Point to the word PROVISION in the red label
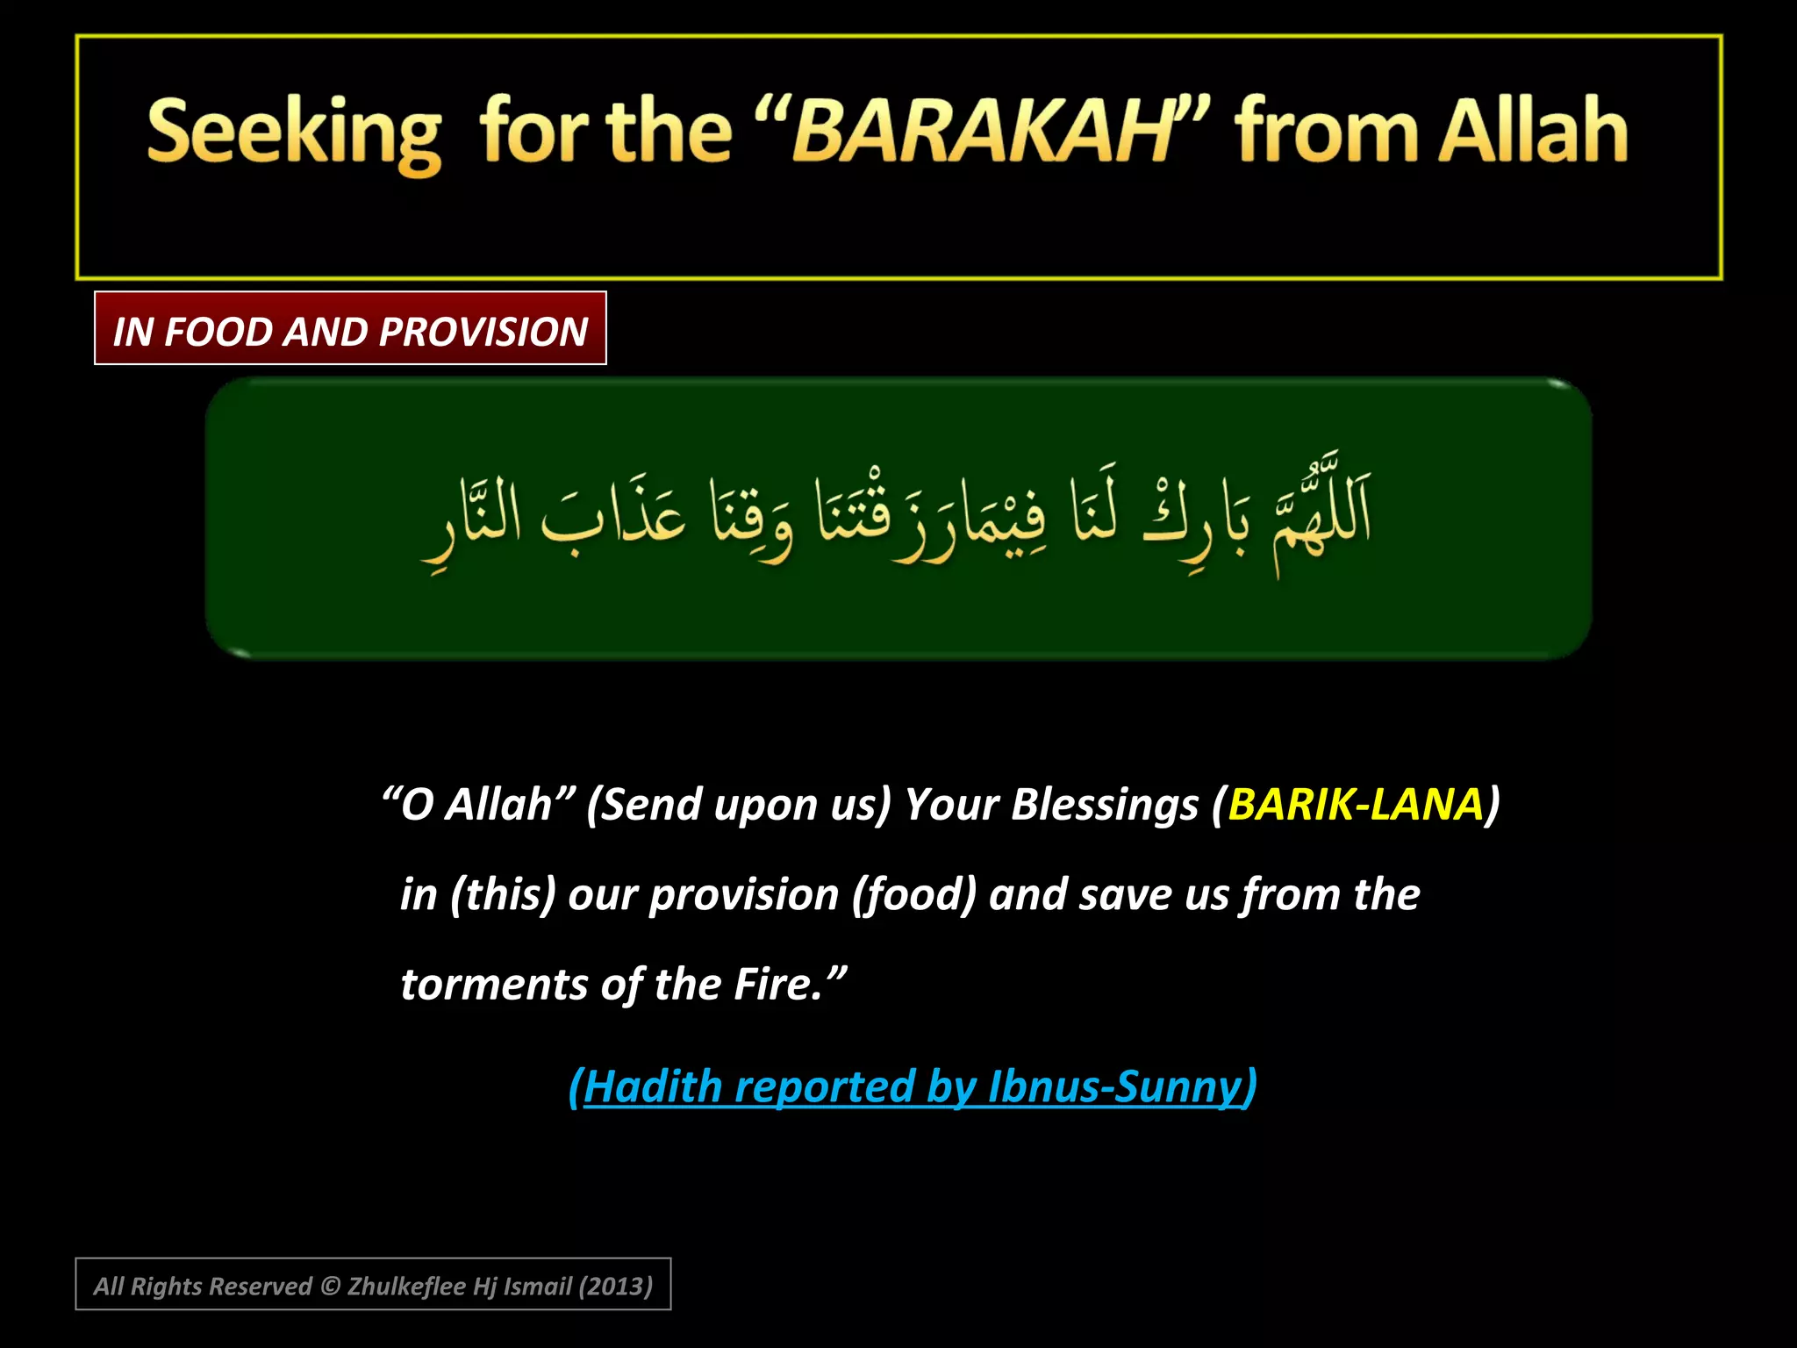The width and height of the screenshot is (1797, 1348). [x=483, y=332]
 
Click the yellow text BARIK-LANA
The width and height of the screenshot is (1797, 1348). [x=1356, y=804]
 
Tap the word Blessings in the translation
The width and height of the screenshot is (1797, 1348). [x=1104, y=804]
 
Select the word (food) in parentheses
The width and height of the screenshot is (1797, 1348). [x=914, y=895]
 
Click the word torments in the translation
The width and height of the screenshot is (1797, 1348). [x=494, y=984]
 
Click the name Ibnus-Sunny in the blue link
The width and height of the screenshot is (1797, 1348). [x=1113, y=1086]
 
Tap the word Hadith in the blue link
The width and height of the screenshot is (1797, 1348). [x=653, y=1086]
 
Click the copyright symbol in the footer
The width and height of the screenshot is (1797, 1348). [x=330, y=1287]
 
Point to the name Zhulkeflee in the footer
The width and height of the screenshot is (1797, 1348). [x=406, y=1287]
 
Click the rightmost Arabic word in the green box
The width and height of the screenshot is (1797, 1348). [x=1321, y=518]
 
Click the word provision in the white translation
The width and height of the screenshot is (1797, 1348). [x=744, y=895]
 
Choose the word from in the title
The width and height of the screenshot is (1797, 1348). [x=1326, y=132]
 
